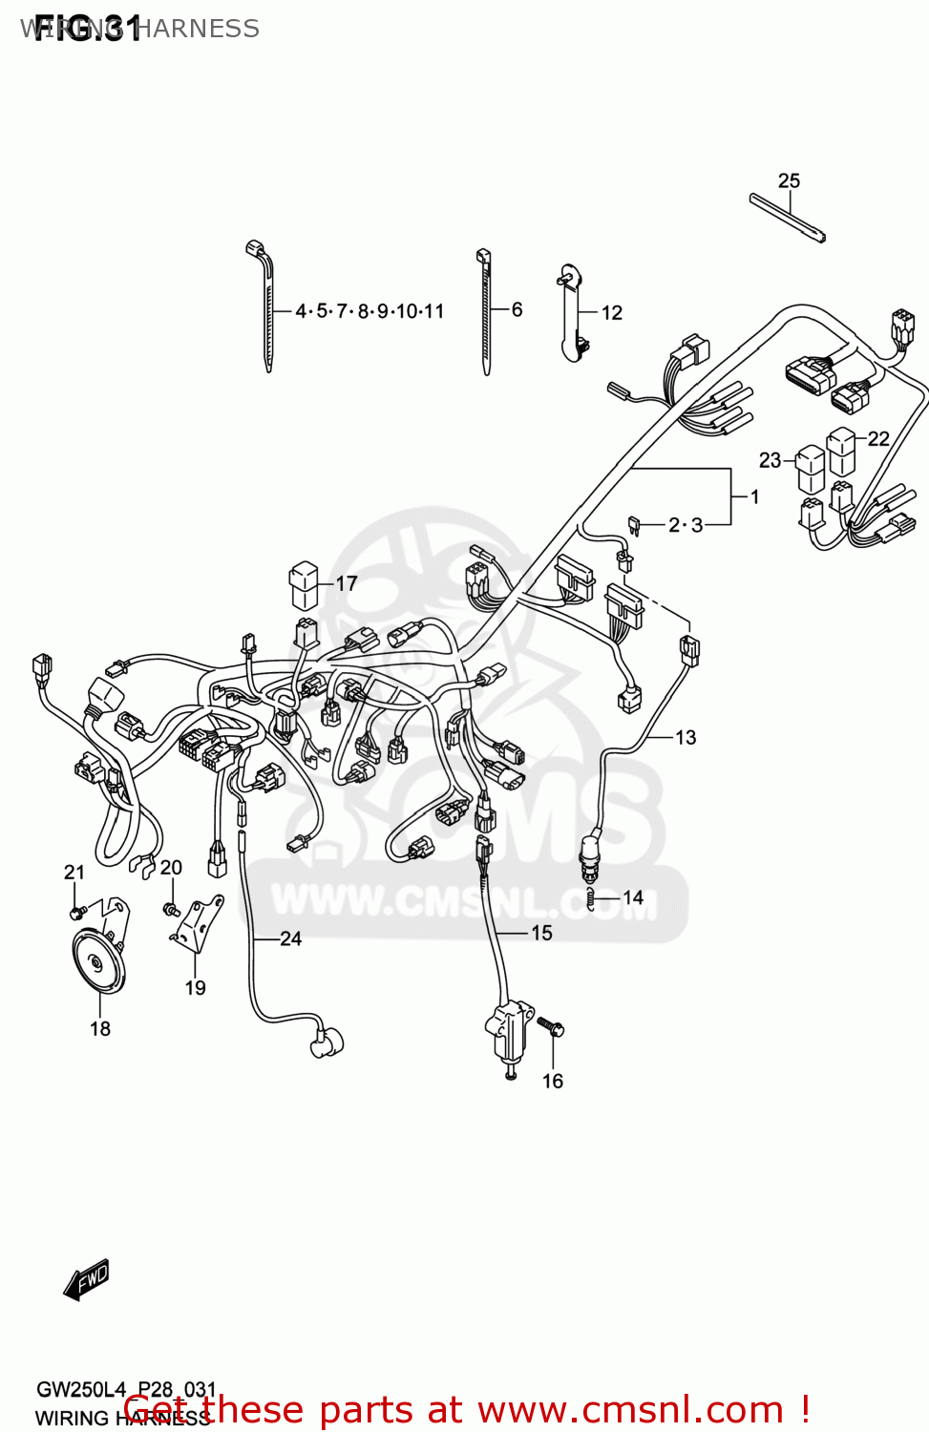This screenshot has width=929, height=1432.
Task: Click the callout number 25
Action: (789, 180)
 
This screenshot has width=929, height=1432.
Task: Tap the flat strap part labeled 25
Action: (788, 218)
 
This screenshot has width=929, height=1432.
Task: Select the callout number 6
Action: (517, 309)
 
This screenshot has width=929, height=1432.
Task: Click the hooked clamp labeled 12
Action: (573, 313)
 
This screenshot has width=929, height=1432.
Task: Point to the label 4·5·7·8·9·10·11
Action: (369, 311)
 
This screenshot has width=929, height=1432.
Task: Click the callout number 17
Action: (347, 583)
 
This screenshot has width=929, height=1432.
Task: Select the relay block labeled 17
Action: (304, 584)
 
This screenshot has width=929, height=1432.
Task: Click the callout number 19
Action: (195, 988)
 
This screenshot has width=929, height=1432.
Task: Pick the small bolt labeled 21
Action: (76, 911)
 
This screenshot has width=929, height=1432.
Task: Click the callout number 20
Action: (171, 867)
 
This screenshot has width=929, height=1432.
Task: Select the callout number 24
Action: (290, 938)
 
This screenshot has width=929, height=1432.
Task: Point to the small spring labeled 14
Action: (592, 898)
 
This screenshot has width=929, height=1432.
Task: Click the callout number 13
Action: (686, 737)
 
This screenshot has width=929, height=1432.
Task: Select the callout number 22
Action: (878, 438)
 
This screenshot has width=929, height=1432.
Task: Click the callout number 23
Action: (770, 460)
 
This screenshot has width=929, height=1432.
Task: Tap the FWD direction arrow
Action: (86, 1279)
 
